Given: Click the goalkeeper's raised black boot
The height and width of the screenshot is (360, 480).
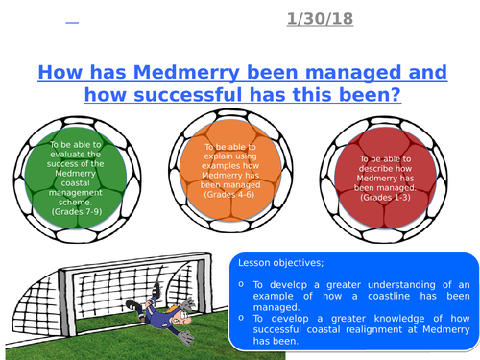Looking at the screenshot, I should (174, 308).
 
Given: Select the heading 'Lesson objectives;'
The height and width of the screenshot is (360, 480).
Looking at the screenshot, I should (281, 265).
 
